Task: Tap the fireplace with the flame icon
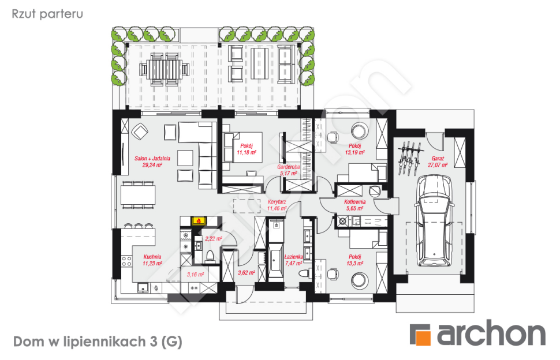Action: pos(197,220)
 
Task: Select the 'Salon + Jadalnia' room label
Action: pos(148,157)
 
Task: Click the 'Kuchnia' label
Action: pos(153,256)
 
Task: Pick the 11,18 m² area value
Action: pos(246,153)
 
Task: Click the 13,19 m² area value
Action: pos(354,153)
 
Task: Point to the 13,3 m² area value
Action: pos(354,263)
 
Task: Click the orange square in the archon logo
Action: pos(420,335)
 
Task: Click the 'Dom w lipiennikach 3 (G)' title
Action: pos(97,342)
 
